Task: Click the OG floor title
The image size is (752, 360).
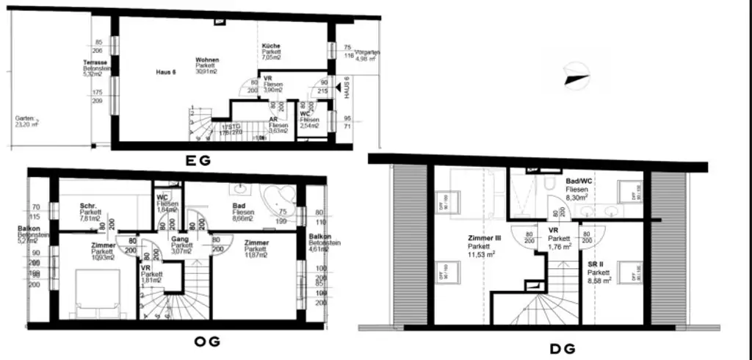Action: point(205,341)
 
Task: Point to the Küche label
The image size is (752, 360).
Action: point(272,46)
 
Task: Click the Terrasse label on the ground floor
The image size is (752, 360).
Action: point(95,63)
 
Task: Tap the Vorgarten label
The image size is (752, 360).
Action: point(367,53)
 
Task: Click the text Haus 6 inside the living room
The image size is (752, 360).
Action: point(167,72)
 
